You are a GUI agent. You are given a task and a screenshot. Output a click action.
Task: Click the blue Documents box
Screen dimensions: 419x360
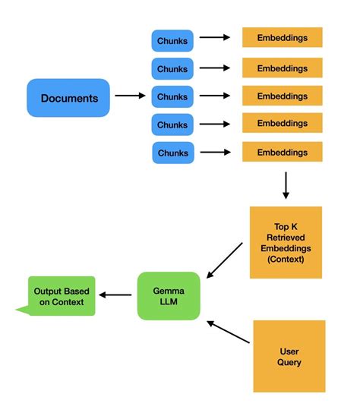pos(68,98)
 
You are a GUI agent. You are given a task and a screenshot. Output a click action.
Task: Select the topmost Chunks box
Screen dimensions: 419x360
pos(172,41)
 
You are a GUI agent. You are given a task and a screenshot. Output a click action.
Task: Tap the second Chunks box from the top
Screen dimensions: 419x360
pos(172,69)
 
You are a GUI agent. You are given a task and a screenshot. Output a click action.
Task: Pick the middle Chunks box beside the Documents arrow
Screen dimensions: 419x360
pos(172,97)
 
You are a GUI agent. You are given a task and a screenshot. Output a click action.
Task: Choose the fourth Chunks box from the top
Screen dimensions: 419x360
pos(172,124)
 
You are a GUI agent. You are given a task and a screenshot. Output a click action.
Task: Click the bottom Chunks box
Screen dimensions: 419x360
pos(172,153)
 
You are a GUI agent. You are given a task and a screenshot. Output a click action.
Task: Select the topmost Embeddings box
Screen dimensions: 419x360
pos(282,38)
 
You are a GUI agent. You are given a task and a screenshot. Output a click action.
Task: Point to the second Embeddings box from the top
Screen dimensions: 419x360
pos(282,67)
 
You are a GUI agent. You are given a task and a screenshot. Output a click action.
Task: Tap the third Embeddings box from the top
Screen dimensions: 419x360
pos(282,96)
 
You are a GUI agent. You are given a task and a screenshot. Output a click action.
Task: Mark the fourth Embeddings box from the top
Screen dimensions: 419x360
pos(282,123)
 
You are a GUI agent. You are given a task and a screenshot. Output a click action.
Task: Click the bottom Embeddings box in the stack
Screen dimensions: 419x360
pos(282,152)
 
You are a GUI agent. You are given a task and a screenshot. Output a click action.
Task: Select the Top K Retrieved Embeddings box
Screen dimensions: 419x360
pos(286,242)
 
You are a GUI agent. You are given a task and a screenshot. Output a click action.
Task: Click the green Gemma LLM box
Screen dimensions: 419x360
pos(169,296)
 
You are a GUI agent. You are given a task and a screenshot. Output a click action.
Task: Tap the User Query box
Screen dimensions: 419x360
pos(289,356)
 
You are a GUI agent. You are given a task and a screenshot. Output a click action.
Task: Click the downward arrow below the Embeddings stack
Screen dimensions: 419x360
pos(286,185)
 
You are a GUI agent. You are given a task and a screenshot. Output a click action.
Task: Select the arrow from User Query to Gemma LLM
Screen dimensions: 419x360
pos(227,332)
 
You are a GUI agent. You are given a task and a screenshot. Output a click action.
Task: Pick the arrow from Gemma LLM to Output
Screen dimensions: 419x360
pos(118,295)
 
